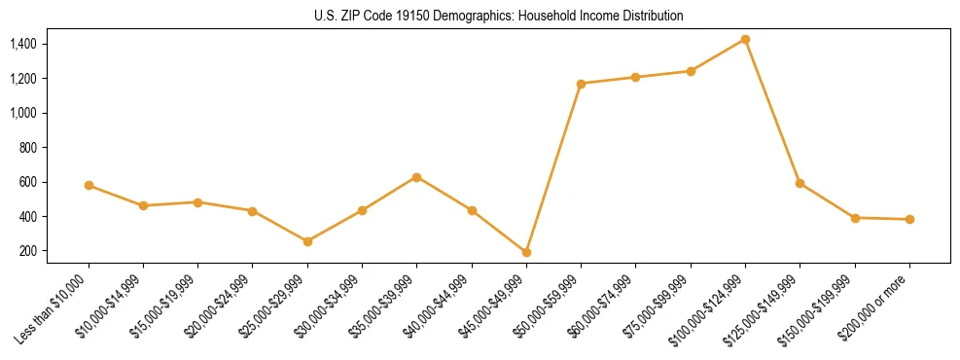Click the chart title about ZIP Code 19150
click(480, 17)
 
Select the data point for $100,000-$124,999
click(745, 39)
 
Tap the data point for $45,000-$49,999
click(526, 252)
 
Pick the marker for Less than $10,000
click(89, 185)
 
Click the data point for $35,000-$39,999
click(416, 177)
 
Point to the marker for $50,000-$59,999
click(581, 84)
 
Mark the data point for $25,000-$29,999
click(307, 241)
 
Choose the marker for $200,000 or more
click(909, 219)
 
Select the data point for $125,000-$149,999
click(800, 183)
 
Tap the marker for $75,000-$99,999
click(691, 71)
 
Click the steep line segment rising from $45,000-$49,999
click(553, 167)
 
